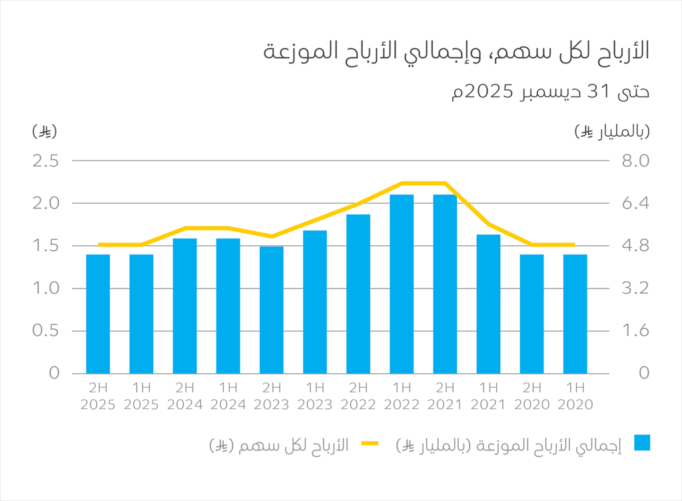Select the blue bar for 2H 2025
click(98, 314)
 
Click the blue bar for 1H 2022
click(402, 284)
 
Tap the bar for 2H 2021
click(445, 284)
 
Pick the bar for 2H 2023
click(272, 310)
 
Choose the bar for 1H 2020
click(575, 314)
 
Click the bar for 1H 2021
click(488, 304)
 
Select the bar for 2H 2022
click(358, 294)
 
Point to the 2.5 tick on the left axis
click(46, 161)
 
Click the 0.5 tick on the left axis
click(46, 330)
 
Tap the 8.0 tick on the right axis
click(635, 161)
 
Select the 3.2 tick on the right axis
click(635, 288)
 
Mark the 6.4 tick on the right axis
click(635, 203)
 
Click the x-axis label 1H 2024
click(228, 396)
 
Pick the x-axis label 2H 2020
click(532, 396)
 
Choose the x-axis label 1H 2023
click(315, 396)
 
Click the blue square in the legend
click(642, 443)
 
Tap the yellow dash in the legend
click(370, 444)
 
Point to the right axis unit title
click(612, 131)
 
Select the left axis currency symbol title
click(45, 131)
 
